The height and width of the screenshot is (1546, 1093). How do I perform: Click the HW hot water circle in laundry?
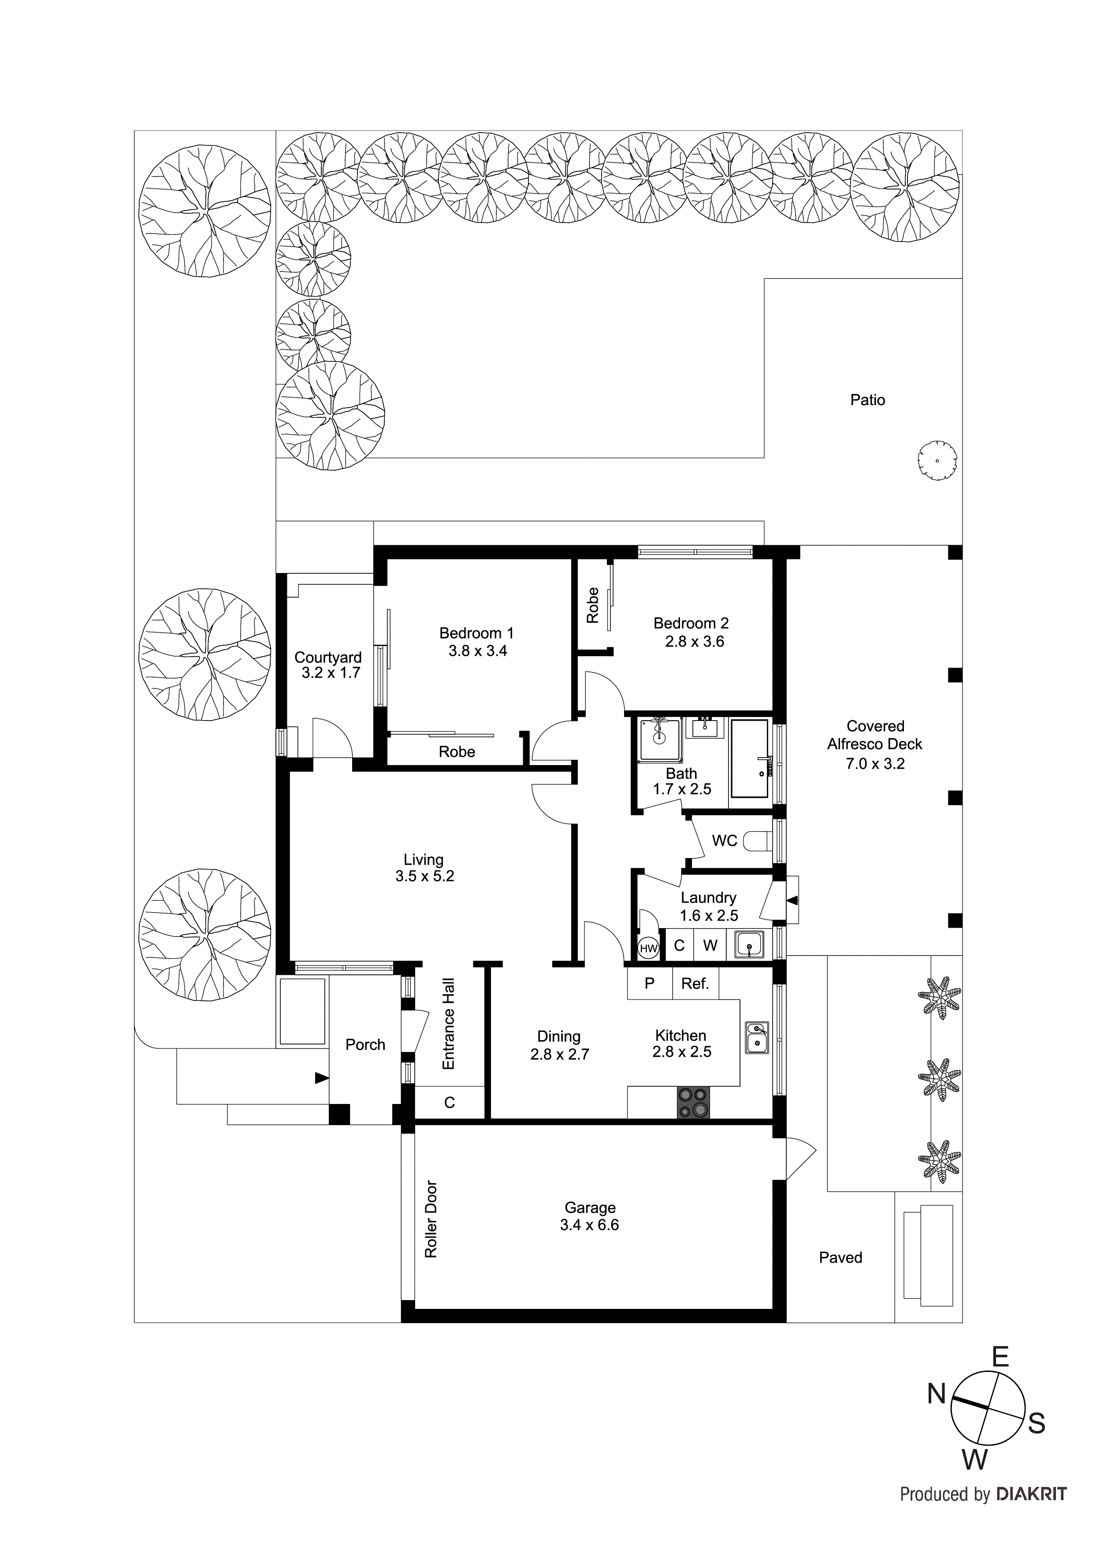(648, 949)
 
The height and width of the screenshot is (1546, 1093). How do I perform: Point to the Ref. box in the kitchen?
(695, 984)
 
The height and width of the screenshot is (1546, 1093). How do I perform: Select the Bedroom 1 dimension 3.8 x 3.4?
(477, 651)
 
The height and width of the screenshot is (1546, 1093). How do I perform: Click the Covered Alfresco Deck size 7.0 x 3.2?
(875, 764)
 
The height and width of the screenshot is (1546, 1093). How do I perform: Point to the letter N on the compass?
(937, 1394)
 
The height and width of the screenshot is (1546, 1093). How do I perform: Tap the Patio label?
(867, 400)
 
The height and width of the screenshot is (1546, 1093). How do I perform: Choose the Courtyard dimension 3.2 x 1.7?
(331, 673)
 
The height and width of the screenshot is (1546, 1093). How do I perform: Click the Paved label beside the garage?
(840, 1257)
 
